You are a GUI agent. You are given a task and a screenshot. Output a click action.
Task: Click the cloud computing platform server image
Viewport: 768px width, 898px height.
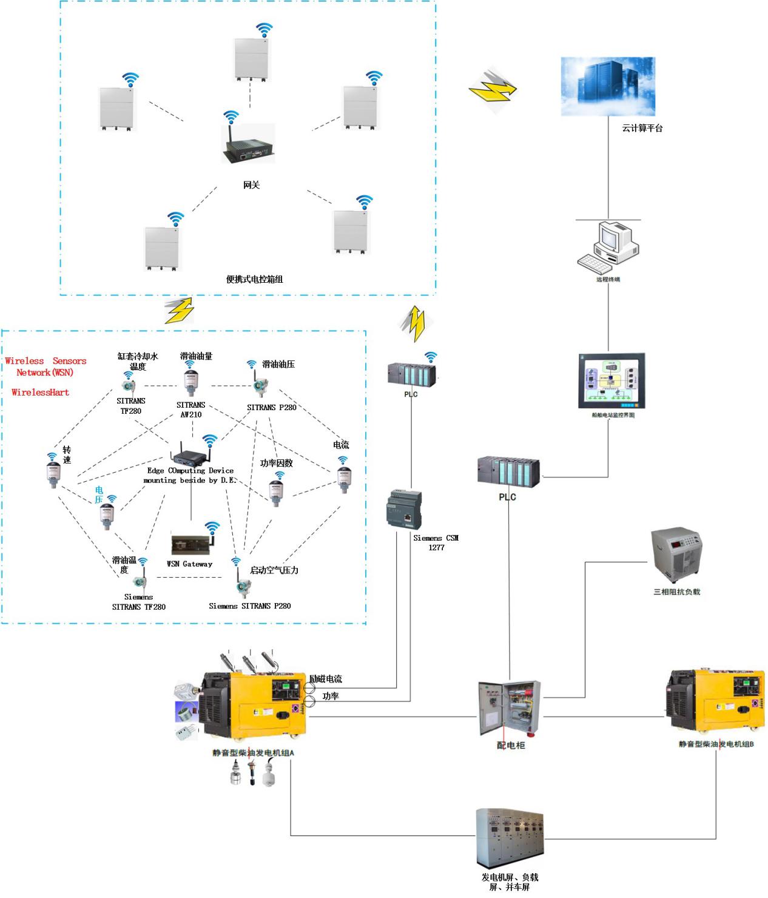click(608, 86)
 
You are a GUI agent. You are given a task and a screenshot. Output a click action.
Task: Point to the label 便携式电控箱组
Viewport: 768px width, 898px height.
click(254, 280)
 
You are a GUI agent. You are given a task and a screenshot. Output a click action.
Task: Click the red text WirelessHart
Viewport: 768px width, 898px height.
click(40, 393)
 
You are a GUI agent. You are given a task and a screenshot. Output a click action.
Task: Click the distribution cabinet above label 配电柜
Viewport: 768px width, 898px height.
click(509, 709)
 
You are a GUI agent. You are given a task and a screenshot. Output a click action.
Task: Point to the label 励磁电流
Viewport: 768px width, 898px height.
click(326, 679)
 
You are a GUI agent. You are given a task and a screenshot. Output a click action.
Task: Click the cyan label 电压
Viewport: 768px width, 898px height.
click(99, 495)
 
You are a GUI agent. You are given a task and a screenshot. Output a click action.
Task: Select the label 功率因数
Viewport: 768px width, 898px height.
click(276, 463)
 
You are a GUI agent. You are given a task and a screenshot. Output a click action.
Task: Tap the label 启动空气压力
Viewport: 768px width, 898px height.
click(274, 570)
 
